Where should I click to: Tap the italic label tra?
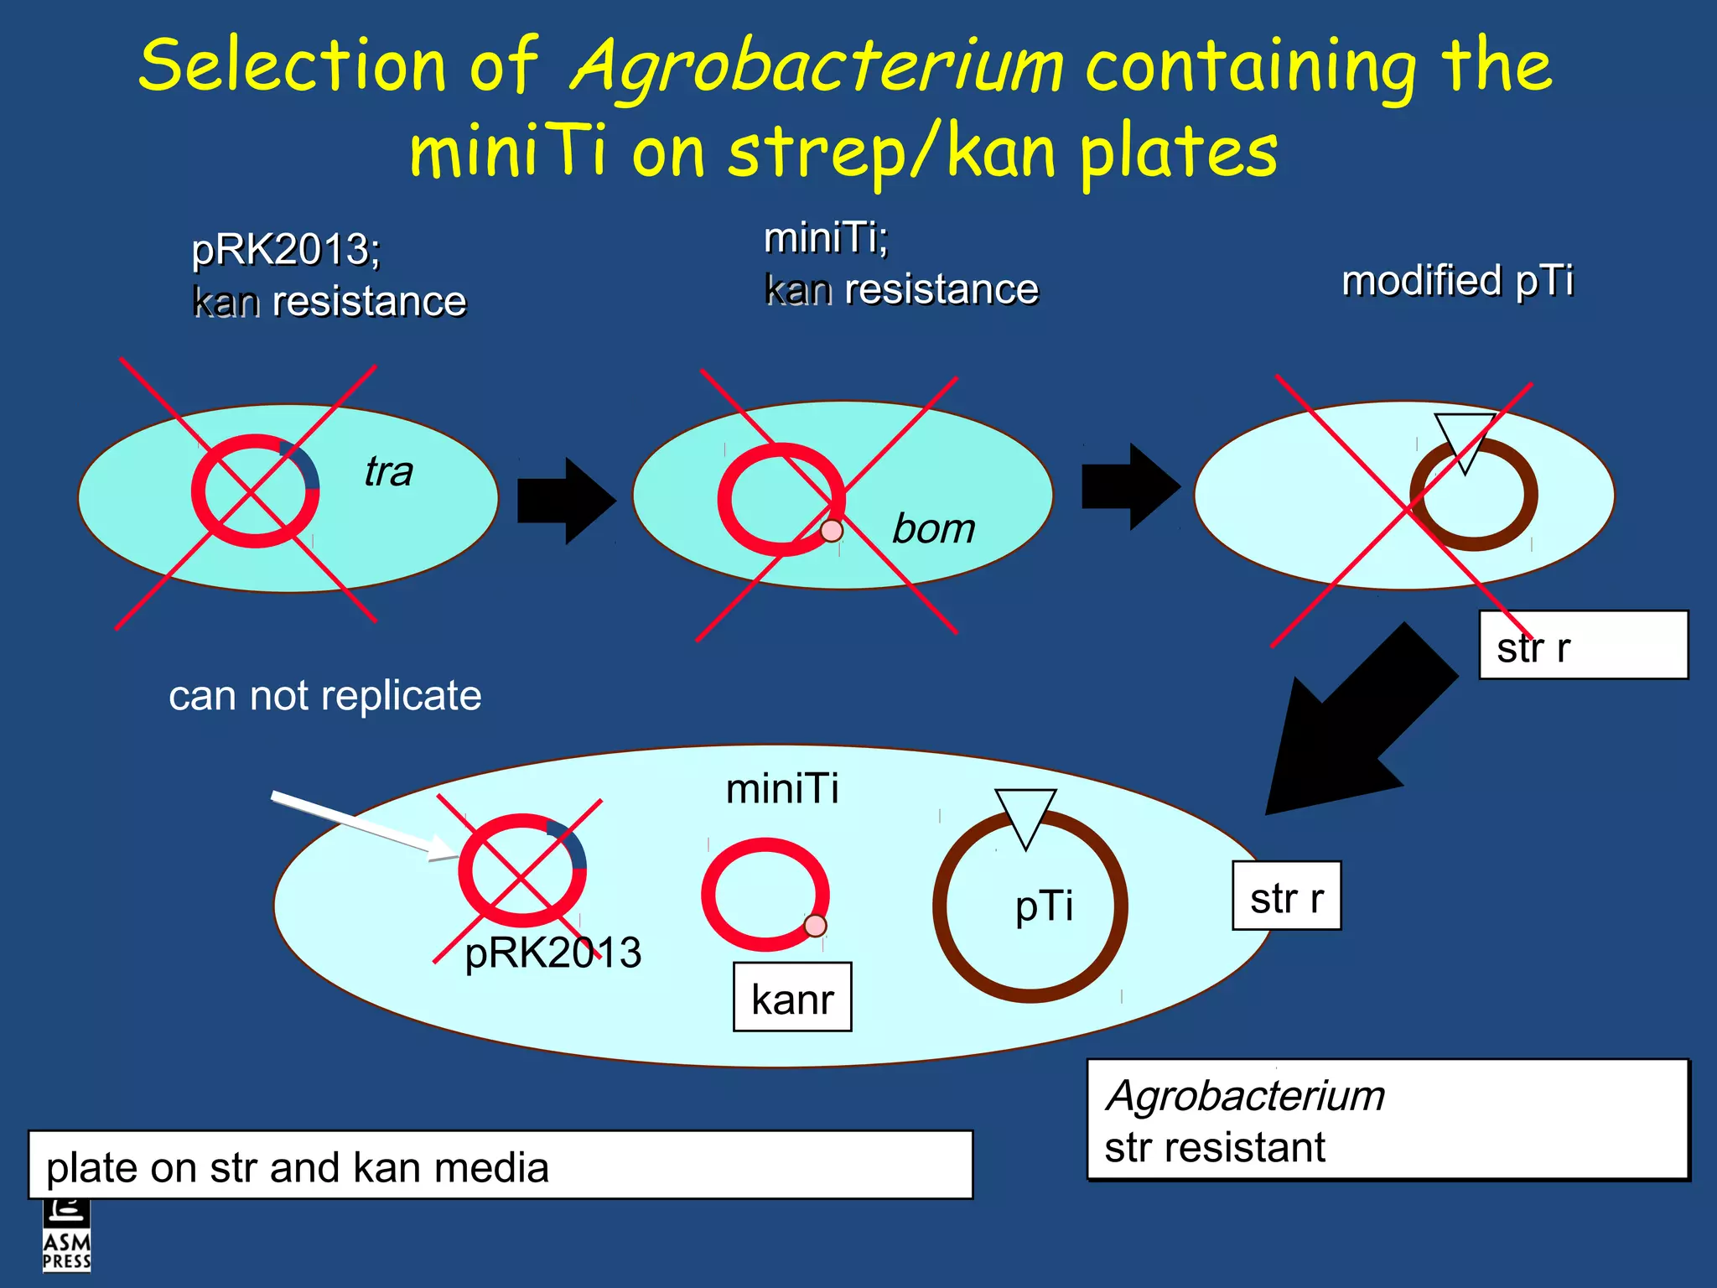point(388,471)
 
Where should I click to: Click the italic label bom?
point(933,529)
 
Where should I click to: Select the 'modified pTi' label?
point(1457,280)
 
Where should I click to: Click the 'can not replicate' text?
point(324,696)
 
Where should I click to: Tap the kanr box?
point(792,998)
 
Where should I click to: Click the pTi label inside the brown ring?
point(1044,906)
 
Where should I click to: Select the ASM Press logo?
point(67,1237)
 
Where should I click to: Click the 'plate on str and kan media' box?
point(501,1166)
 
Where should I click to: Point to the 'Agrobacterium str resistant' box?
point(1388,1120)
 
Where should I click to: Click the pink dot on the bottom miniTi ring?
point(815,926)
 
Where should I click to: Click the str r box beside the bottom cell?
point(1286,896)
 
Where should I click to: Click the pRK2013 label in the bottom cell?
point(553,953)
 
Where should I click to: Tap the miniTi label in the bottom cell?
point(781,789)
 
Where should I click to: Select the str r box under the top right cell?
point(1582,646)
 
